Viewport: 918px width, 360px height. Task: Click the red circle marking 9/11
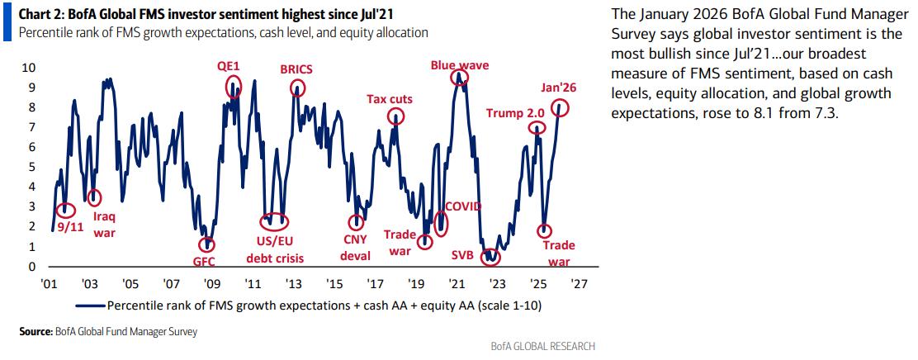pos(67,211)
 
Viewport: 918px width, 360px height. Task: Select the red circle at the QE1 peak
pos(235,87)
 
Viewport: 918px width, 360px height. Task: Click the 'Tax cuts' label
pos(390,99)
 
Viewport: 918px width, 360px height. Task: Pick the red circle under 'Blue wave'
pos(459,78)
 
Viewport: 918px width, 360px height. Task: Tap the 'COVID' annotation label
pos(463,206)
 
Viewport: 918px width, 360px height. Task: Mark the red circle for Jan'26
pos(561,107)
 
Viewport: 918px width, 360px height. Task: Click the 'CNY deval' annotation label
pos(356,248)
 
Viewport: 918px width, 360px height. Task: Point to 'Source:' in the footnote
pos(35,332)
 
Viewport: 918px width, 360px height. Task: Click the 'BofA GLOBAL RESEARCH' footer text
pos(542,346)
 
